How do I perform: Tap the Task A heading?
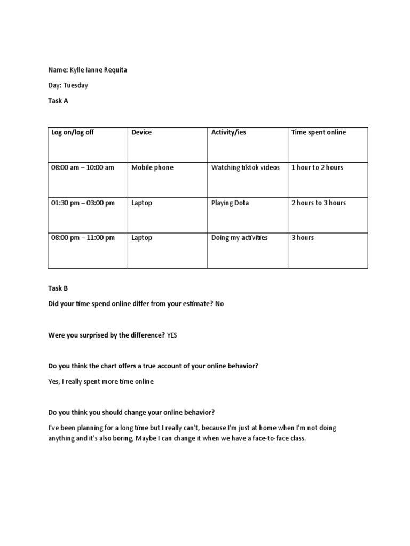[58, 101]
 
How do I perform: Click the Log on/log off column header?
[73, 132]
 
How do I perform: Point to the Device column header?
[141, 132]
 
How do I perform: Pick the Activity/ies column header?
[228, 132]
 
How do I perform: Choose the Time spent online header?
[318, 132]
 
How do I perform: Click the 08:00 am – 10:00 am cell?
[83, 167]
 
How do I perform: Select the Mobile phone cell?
[152, 167]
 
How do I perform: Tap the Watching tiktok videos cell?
[245, 167]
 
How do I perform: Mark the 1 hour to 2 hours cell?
[317, 167]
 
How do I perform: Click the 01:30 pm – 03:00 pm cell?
[83, 203]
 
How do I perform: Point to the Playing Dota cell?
[230, 203]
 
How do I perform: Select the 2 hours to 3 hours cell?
[318, 203]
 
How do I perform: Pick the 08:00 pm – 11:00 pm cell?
[83, 238]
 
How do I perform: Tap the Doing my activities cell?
[239, 238]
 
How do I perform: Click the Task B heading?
[58, 288]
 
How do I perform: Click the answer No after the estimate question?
[220, 304]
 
